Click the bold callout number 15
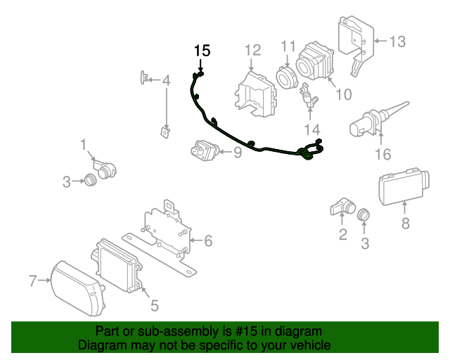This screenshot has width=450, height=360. (x=202, y=51)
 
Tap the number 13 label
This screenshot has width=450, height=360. (x=397, y=41)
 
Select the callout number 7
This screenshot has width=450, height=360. (x=32, y=281)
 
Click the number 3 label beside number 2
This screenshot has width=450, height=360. (x=364, y=244)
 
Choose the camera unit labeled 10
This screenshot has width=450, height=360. (x=314, y=60)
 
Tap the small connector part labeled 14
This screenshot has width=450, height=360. (x=309, y=98)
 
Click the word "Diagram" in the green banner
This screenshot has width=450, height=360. (x=100, y=345)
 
